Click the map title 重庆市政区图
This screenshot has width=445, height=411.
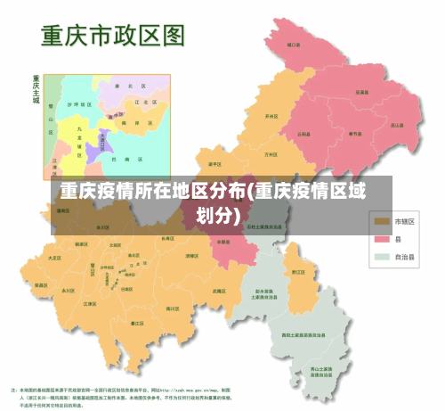pos(111,36)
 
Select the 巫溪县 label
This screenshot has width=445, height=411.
pos(361,91)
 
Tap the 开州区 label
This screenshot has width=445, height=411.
pos(271,117)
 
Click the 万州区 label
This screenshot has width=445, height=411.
pos(271,153)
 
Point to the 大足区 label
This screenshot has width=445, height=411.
pos(55,258)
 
